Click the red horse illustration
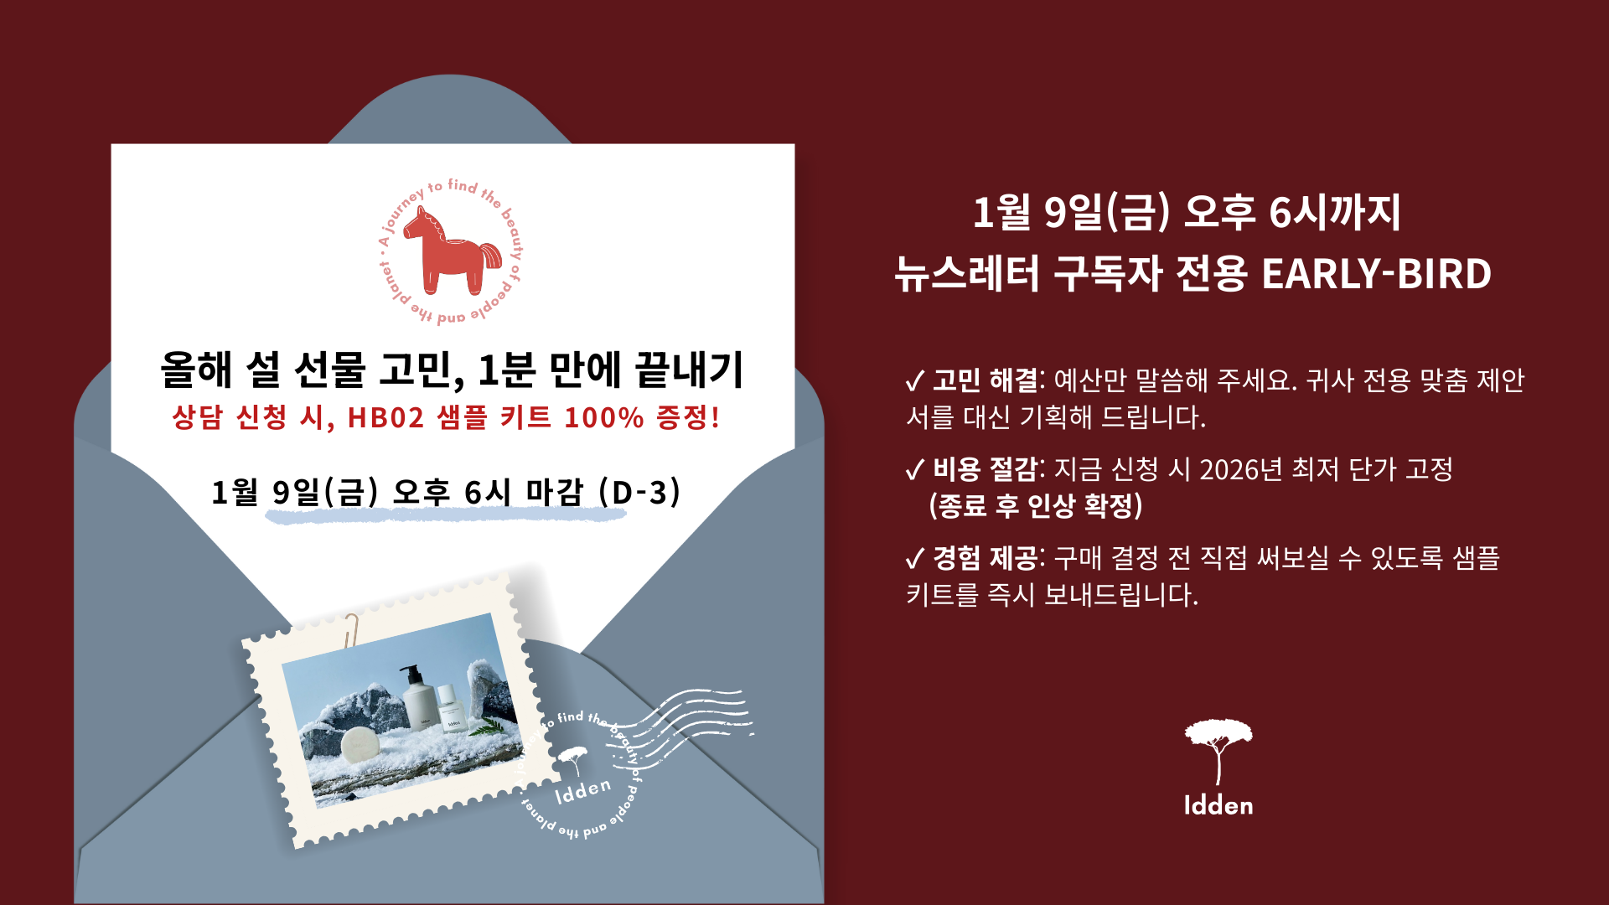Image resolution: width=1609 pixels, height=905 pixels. (453, 251)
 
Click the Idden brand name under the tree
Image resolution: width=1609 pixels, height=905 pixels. (1218, 806)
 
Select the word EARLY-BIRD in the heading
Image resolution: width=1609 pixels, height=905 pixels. (1376, 274)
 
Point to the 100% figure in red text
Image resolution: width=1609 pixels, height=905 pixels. (603, 417)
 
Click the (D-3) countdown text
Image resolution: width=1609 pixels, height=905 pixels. (640, 492)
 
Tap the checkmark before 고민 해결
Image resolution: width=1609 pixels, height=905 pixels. (915, 381)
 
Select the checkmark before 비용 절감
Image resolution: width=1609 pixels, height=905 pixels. (915, 470)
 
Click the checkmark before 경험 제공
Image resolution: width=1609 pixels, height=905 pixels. (915, 559)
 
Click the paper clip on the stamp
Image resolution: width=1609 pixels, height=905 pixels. (350, 629)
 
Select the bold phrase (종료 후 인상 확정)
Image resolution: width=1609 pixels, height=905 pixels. (1036, 505)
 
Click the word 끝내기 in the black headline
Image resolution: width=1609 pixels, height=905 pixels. (689, 370)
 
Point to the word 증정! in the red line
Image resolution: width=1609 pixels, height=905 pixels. (688, 417)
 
